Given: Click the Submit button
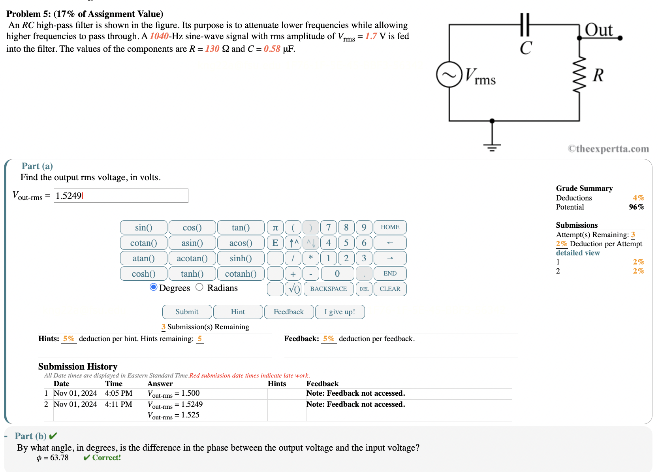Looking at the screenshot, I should pos(187,312).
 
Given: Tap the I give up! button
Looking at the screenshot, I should pos(340,312).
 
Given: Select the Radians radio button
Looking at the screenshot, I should pos(199,287).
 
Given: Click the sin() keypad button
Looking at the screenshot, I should pos(143,227).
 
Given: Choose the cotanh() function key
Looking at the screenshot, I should pos(241,274).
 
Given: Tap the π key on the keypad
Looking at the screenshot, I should pos(275,227).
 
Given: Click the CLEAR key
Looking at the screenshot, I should pos(390,289).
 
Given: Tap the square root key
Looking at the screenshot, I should pos(293,289).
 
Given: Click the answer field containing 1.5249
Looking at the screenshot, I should pos(121,196).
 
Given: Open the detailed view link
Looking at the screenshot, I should pos(577,253).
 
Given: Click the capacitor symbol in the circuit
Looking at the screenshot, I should pos(525,25).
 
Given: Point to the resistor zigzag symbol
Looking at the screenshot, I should pos(579,75).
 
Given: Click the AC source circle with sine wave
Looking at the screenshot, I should pos(449,74).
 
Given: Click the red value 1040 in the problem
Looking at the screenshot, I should pos(159,36).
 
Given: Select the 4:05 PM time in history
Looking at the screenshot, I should pos(118,393).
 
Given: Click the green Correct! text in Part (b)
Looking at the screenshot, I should pos(106,457).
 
